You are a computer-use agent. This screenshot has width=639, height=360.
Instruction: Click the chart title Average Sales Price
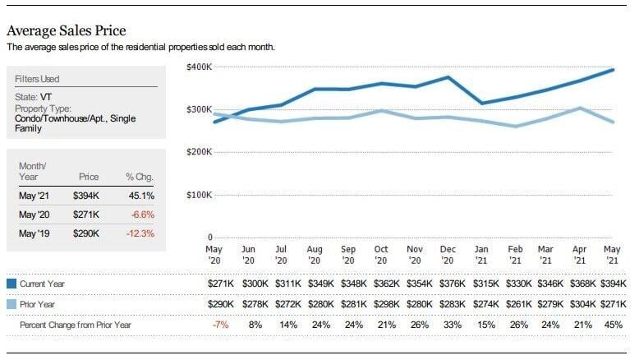point(67,30)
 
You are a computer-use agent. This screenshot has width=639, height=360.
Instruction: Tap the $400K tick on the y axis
point(199,67)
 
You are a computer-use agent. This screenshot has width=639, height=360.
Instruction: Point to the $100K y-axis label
point(199,195)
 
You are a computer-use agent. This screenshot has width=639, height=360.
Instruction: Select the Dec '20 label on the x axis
point(448,255)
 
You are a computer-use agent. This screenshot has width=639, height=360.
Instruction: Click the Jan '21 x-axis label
point(481,255)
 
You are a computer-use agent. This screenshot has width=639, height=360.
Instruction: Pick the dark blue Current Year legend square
point(11,284)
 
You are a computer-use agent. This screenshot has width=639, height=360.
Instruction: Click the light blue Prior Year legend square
point(11,304)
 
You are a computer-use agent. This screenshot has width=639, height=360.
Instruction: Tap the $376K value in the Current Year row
point(452,284)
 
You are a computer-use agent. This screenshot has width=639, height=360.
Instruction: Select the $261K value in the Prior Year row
point(518,304)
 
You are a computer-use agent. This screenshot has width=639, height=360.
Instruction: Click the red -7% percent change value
point(220,325)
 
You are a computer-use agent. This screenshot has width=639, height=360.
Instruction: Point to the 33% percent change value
point(453,325)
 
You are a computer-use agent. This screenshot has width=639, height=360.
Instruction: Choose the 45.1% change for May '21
point(141,196)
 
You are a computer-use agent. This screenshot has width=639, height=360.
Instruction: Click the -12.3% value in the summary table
point(140,233)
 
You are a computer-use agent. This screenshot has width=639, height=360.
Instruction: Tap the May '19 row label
point(34,233)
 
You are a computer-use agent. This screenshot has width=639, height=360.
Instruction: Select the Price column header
point(89,177)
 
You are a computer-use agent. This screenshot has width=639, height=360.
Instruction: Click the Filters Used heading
point(37,79)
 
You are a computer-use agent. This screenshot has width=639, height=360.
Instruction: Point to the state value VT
point(46,97)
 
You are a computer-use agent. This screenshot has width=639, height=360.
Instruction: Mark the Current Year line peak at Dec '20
point(448,76)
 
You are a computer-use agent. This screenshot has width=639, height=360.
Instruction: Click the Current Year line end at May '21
point(613,70)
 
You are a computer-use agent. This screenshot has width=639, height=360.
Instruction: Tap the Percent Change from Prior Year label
point(76,325)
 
